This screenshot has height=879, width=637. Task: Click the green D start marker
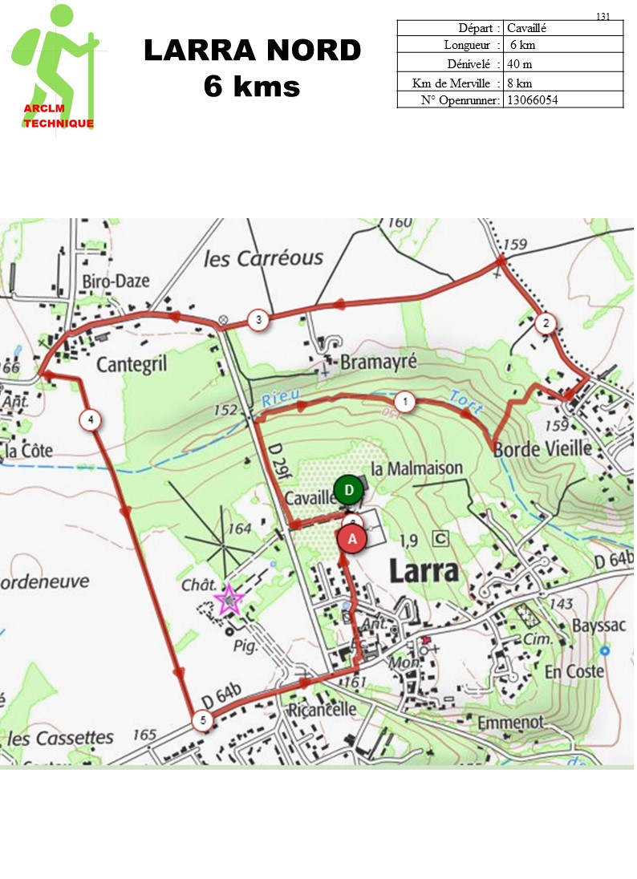(x=348, y=490)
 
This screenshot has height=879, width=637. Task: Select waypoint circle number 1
(x=406, y=401)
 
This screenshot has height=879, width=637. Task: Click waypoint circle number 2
(x=545, y=324)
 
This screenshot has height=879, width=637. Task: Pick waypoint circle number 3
(x=258, y=320)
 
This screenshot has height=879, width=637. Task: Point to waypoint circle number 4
(x=91, y=419)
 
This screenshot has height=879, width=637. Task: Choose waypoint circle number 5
(x=204, y=720)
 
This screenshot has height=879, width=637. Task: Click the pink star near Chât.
(x=229, y=599)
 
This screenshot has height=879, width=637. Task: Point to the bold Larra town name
(x=424, y=571)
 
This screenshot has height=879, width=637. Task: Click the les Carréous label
(x=263, y=258)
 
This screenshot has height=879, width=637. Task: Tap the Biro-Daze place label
(x=116, y=282)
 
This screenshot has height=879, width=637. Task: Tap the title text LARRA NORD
(x=252, y=51)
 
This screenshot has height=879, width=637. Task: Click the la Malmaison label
(x=417, y=468)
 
